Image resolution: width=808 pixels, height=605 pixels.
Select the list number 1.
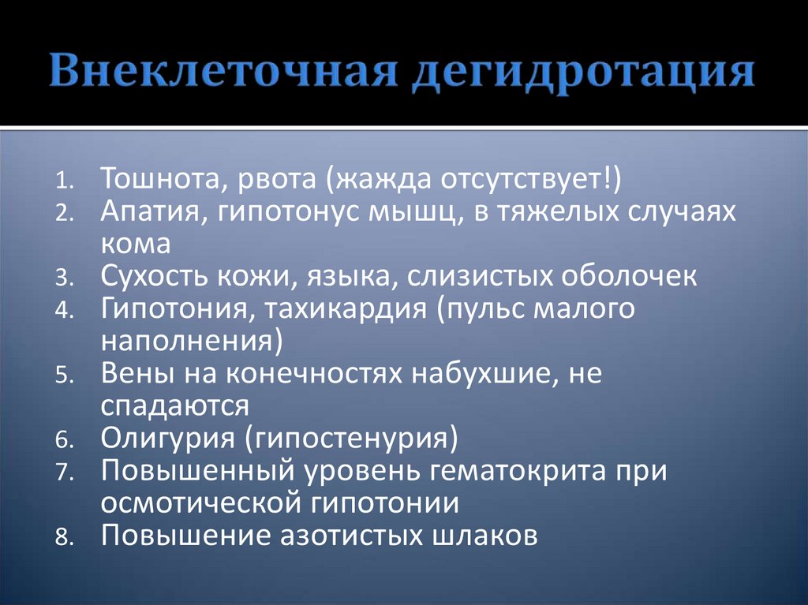63,182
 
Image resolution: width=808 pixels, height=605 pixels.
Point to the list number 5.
63,376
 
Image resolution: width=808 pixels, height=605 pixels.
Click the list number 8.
63,538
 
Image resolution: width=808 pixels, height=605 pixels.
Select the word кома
135,244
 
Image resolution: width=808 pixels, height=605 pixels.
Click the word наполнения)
191,341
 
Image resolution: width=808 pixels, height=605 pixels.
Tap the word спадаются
174,405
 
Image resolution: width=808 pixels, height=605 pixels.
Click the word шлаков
485,535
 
